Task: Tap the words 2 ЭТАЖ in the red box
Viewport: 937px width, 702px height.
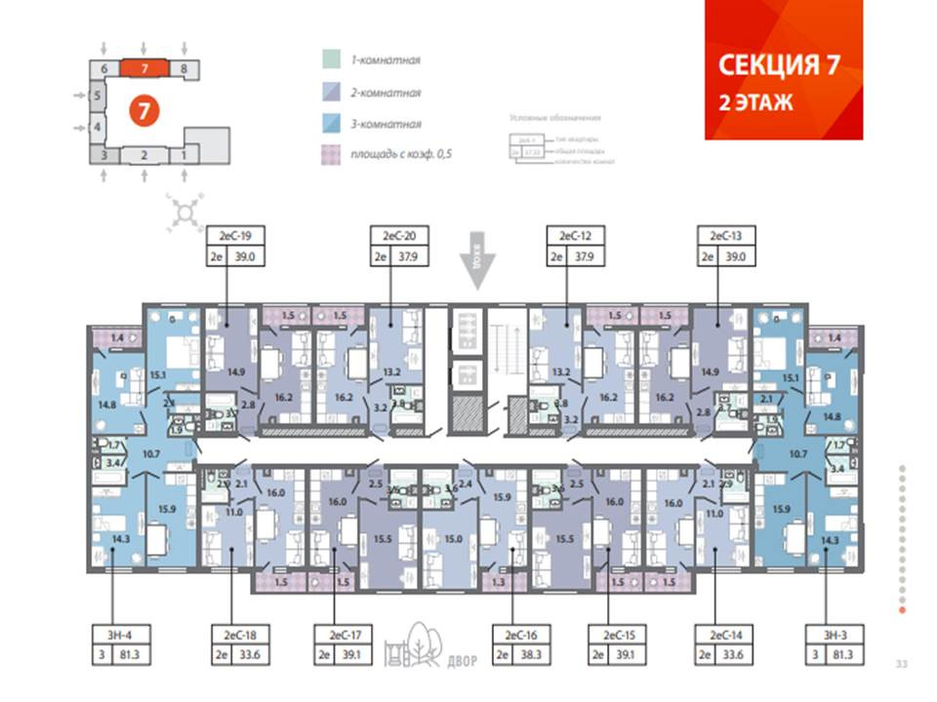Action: point(756,102)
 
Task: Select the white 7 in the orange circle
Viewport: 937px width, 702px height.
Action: point(143,110)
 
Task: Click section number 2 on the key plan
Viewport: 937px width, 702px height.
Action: point(143,155)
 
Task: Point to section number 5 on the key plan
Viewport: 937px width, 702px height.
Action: point(97,96)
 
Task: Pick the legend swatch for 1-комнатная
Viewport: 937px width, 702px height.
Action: point(331,59)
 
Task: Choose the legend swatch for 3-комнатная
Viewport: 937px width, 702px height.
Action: point(331,124)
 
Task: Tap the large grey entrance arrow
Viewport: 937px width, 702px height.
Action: point(477,261)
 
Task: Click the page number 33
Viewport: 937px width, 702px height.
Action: point(901,665)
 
